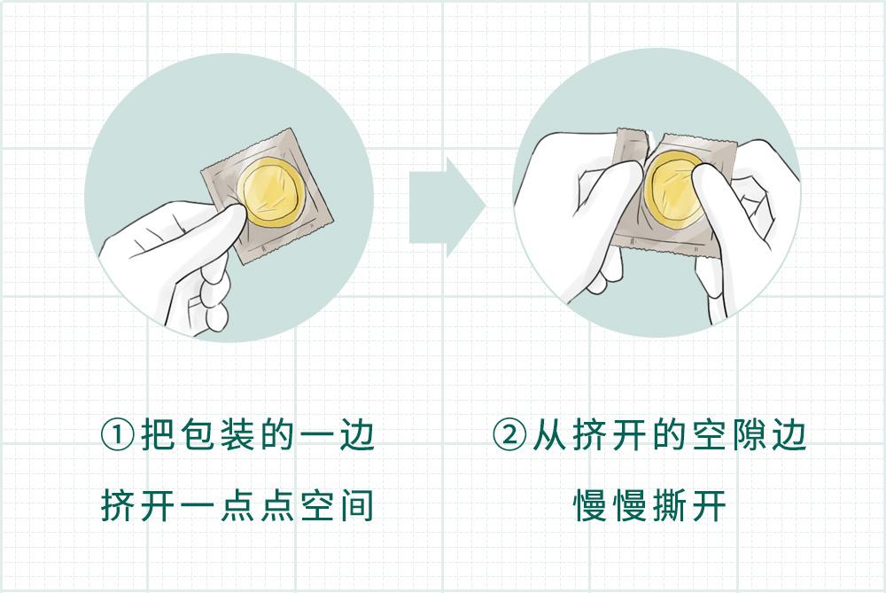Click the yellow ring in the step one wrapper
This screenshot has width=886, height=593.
[x=269, y=194]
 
